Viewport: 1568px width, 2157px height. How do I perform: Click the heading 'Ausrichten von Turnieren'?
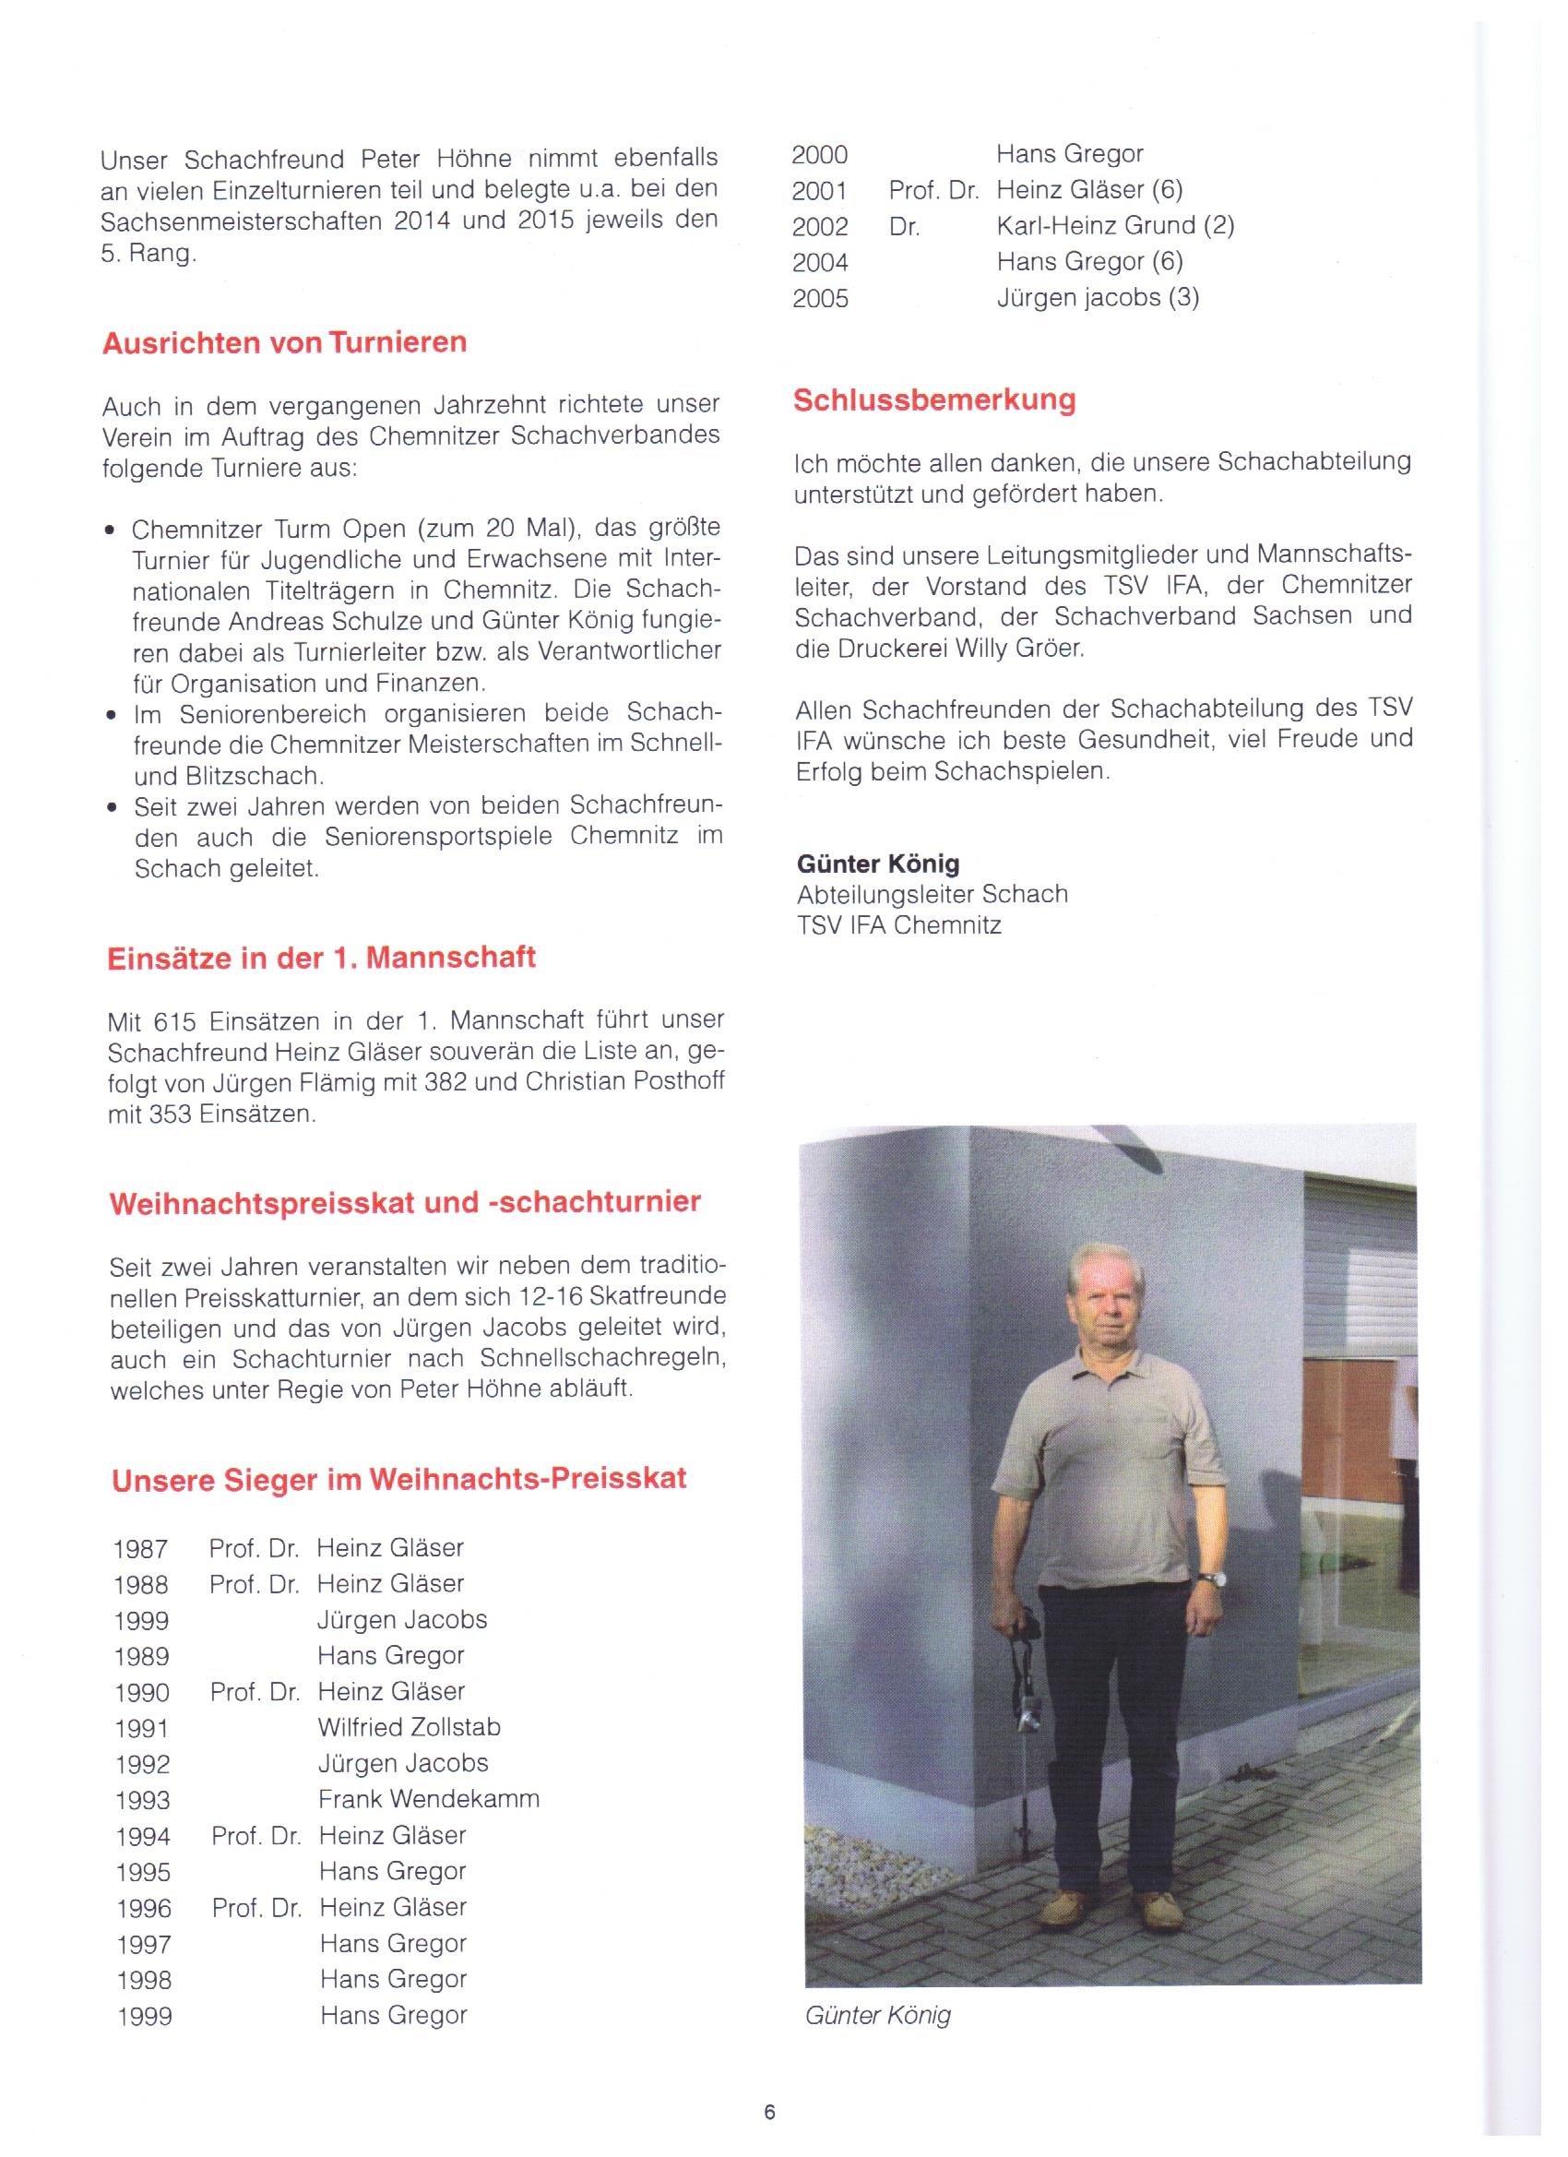(x=284, y=342)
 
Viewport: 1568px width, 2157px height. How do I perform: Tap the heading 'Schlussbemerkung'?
(x=933, y=399)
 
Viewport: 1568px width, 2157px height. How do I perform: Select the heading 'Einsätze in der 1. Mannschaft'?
(x=321, y=957)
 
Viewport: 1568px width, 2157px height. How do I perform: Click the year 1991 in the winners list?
(x=142, y=1728)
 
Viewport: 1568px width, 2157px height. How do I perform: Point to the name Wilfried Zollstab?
(x=409, y=1726)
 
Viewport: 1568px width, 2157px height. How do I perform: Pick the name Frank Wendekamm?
(x=429, y=1798)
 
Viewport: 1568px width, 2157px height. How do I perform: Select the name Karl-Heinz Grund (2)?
(x=1115, y=225)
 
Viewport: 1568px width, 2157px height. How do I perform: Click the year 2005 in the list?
(x=820, y=299)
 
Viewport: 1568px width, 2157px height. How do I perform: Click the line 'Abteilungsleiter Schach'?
(x=932, y=894)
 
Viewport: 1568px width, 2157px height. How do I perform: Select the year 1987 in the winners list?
(x=140, y=1549)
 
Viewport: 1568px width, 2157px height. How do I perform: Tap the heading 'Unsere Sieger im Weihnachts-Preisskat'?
(x=398, y=1479)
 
